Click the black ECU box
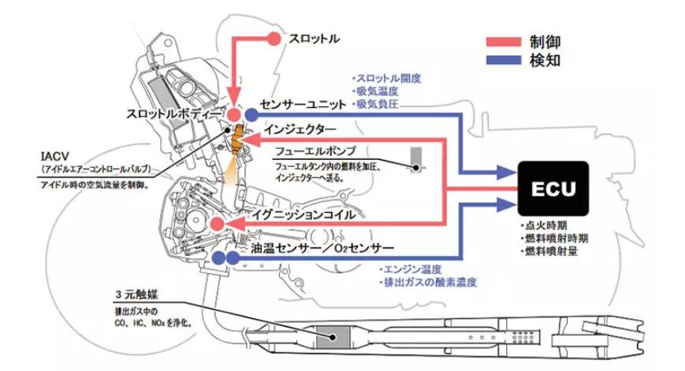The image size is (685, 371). coord(553,189)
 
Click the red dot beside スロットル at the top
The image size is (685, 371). coord(274,38)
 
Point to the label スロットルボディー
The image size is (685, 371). coord(175,113)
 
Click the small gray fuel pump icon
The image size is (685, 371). coord(415,158)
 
